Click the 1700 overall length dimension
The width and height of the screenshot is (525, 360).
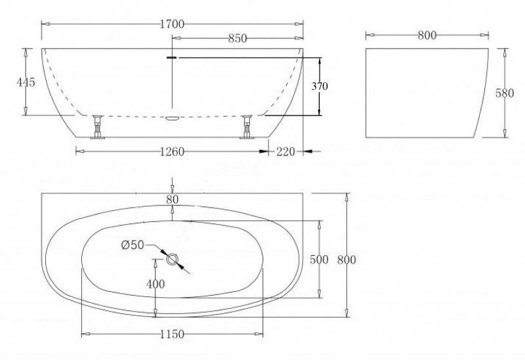pyautogui.click(x=172, y=24)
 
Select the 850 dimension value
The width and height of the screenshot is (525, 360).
pyautogui.click(x=238, y=39)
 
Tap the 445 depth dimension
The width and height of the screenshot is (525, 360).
pyautogui.click(x=26, y=82)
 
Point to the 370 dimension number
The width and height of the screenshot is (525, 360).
pyautogui.click(x=320, y=87)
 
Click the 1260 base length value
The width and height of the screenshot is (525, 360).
pyautogui.click(x=172, y=152)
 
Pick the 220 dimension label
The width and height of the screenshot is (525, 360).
pyautogui.click(x=285, y=152)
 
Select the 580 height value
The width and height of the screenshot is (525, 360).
pyautogui.click(x=505, y=93)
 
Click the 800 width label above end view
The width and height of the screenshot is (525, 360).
pyautogui.click(x=427, y=35)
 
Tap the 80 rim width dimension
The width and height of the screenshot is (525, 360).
pyautogui.click(x=173, y=199)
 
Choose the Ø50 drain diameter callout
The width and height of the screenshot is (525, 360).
pyautogui.click(x=133, y=245)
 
